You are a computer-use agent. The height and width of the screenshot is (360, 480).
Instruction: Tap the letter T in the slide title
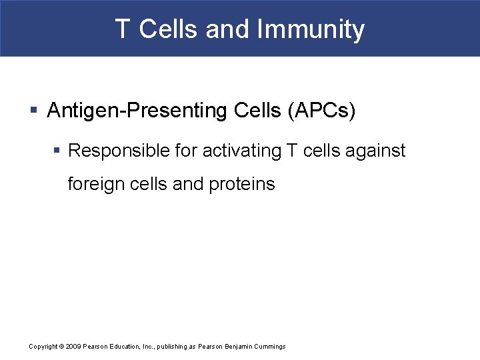point(122,29)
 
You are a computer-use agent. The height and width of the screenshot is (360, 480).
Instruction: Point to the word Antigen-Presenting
point(131,111)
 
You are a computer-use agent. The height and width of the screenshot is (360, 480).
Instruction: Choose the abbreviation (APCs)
point(321,111)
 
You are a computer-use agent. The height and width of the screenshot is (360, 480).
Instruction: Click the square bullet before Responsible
point(58,151)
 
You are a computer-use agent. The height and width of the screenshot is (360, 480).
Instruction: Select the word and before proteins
point(188,184)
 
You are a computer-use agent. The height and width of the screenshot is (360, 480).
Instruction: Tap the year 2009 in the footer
point(73,347)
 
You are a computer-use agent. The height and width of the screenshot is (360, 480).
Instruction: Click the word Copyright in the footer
point(43,347)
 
